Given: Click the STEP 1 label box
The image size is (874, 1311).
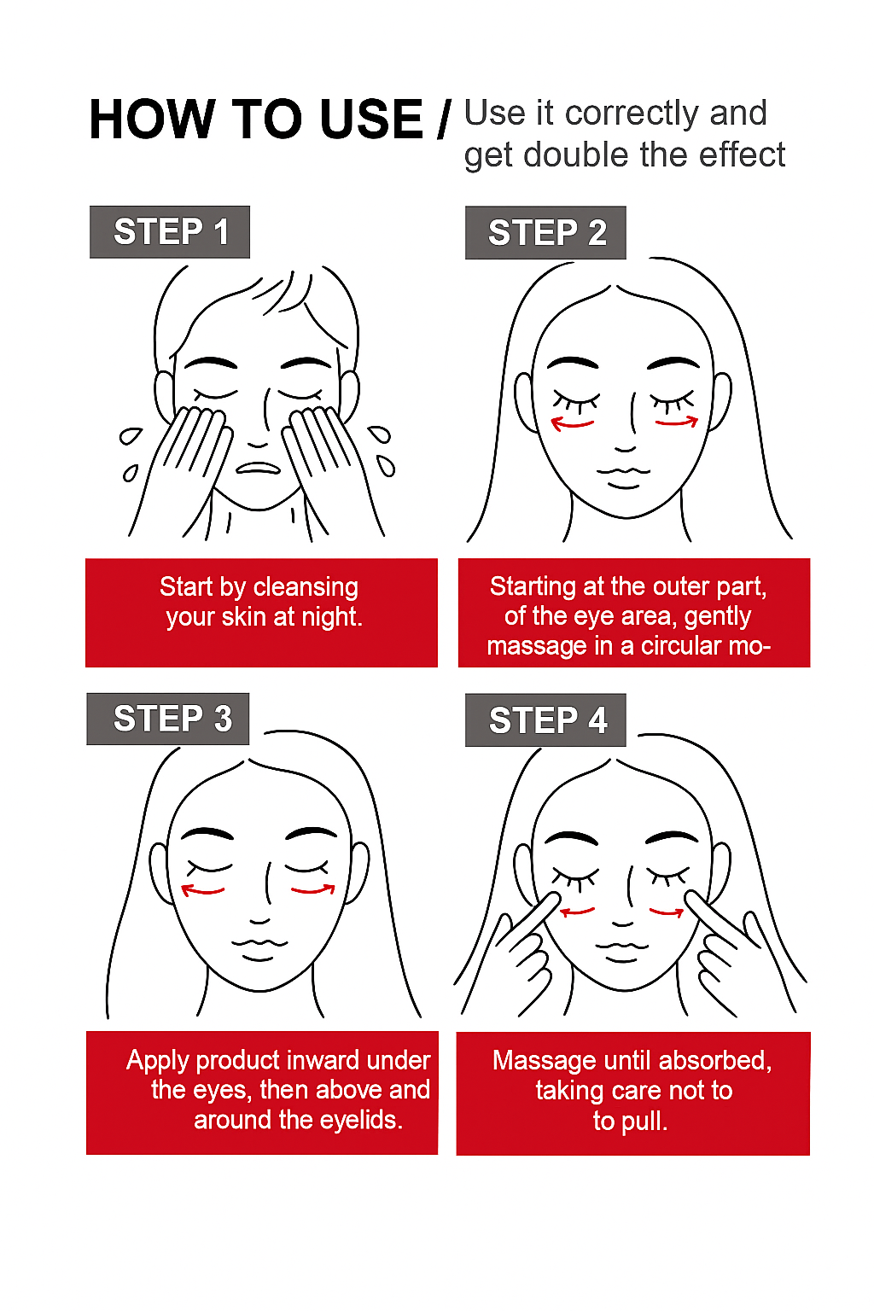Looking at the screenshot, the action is click(x=170, y=232).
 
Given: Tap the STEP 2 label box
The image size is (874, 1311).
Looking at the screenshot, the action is click(x=545, y=232).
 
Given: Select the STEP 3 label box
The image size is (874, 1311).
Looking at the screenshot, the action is click(x=168, y=719).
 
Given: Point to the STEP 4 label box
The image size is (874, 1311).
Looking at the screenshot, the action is click(x=545, y=720).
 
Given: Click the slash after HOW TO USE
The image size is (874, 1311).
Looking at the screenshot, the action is click(x=445, y=119).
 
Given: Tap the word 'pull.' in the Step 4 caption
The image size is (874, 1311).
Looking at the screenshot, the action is click(x=644, y=1122).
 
